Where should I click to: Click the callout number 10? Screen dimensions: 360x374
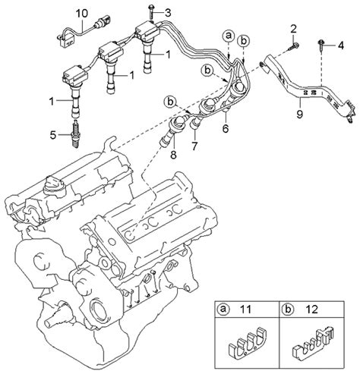(x=82, y=13)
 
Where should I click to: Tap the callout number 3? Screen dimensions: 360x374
(x=168, y=12)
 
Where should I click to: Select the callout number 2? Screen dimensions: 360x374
(x=293, y=29)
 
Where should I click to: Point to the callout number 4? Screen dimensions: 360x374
(x=341, y=46)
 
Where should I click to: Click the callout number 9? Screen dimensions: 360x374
(x=299, y=114)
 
